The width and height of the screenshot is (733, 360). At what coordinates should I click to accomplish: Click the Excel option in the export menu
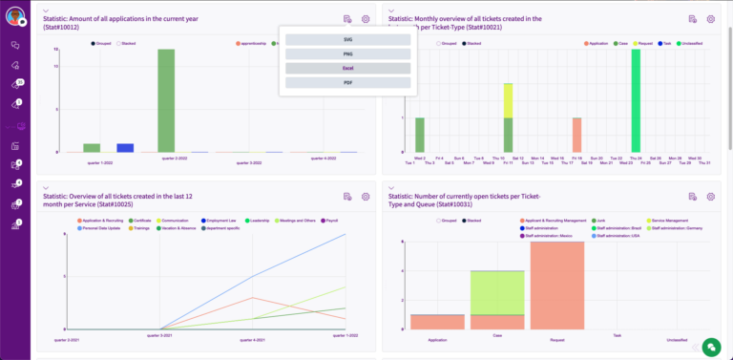pyautogui.click(x=347, y=69)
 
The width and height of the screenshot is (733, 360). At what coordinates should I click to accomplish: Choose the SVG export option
pyautogui.click(x=347, y=39)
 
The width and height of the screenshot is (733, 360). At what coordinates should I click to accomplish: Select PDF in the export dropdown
pyautogui.click(x=347, y=83)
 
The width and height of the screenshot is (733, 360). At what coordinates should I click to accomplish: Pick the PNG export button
pyautogui.click(x=347, y=54)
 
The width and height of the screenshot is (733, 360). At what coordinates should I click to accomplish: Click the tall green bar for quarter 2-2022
pyautogui.click(x=166, y=100)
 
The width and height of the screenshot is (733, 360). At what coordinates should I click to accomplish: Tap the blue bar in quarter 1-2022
pyautogui.click(x=125, y=148)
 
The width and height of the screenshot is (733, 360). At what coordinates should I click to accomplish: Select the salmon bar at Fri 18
pyautogui.click(x=576, y=135)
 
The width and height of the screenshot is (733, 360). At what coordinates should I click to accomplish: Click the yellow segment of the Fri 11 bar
pyautogui.click(x=508, y=100)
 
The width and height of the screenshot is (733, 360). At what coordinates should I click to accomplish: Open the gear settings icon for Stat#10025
pyautogui.click(x=366, y=197)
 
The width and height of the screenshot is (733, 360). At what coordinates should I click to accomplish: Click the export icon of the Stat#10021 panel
pyautogui.click(x=692, y=19)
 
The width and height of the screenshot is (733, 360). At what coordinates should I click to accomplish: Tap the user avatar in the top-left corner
pyautogui.click(x=14, y=15)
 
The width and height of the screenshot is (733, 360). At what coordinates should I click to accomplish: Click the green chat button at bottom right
pyautogui.click(x=710, y=347)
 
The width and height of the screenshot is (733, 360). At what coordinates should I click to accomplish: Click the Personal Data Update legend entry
pyautogui.click(x=99, y=229)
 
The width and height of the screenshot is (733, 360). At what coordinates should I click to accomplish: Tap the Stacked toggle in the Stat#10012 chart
pyautogui.click(x=127, y=44)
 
